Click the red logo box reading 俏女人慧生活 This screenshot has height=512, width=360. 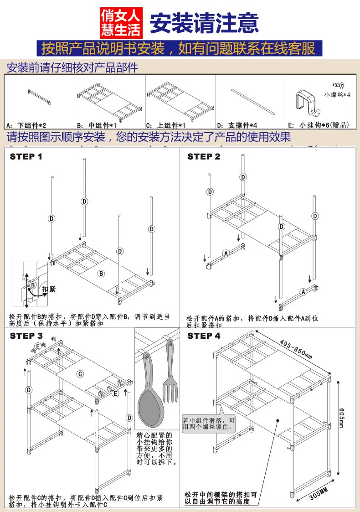point(121,23)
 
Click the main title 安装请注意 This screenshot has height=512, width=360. point(204,22)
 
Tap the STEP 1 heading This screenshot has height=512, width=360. point(26,157)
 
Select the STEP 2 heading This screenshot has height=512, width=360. point(204,157)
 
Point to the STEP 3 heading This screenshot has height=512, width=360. point(26,336)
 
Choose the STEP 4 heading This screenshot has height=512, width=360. point(204,336)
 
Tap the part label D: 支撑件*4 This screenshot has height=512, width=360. point(237,125)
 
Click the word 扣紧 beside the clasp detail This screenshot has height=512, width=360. point(48,290)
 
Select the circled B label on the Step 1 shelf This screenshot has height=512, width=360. point(101,274)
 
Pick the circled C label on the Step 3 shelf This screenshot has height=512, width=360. point(80,374)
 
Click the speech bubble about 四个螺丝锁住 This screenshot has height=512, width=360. point(209,424)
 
